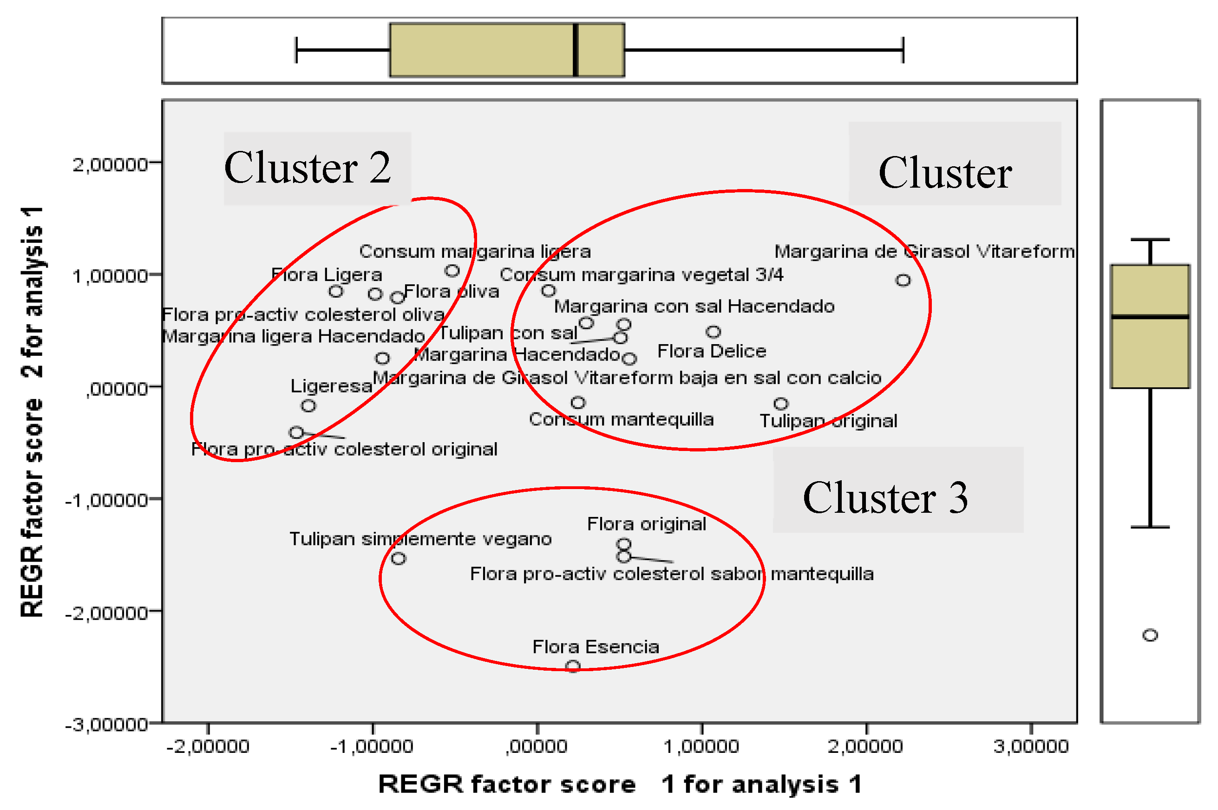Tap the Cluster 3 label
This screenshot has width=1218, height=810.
coord(885,498)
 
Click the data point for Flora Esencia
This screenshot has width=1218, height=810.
coord(573,666)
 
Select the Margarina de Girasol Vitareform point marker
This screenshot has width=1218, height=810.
coord(903,281)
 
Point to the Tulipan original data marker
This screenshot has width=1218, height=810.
coord(781,404)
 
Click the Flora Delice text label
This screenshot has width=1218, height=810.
coord(711,351)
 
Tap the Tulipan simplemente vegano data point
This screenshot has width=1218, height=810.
coord(398,558)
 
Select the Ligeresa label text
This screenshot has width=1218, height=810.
coord(331,386)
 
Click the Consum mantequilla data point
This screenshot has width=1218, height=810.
coord(578,402)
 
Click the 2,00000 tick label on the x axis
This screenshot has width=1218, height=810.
coord(865,746)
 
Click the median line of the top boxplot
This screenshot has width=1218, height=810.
coord(576,50)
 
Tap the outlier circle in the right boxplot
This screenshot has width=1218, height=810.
coord(1150,635)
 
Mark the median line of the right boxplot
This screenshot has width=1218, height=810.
coord(1150,317)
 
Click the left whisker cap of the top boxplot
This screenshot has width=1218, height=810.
coord(296,50)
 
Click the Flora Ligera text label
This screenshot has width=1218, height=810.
coord(327,275)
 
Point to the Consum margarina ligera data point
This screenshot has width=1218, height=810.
coord(452,271)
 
